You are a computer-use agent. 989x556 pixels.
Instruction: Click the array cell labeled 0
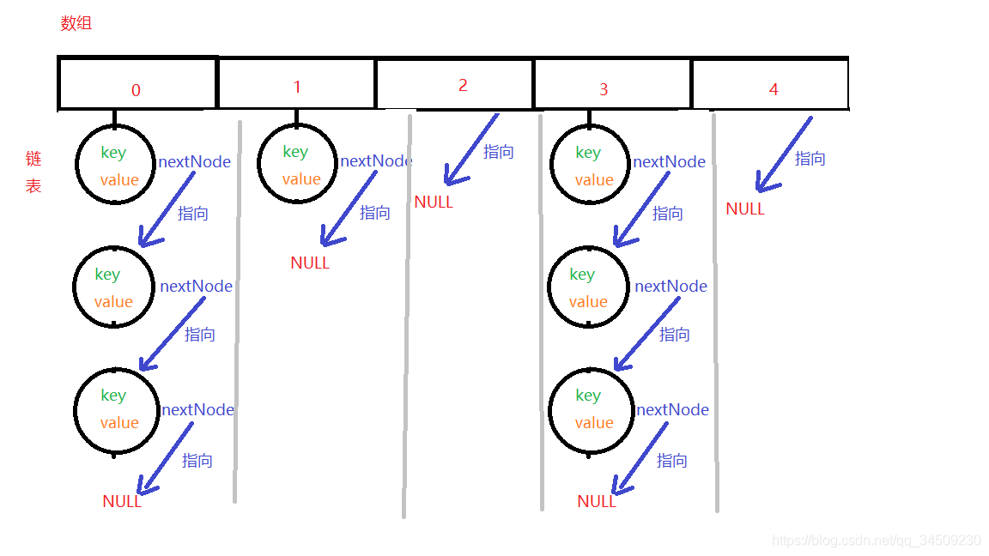(137, 83)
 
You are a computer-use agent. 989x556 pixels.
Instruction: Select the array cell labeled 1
(297, 83)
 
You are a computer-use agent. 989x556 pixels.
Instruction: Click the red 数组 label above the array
(76, 23)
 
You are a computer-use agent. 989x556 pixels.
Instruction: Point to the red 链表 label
(33, 172)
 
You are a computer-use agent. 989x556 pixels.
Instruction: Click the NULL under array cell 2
(434, 202)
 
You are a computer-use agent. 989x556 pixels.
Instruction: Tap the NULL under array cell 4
(745, 208)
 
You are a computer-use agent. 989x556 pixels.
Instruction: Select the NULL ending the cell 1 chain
(310, 263)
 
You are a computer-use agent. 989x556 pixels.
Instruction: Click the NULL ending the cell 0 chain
(122, 502)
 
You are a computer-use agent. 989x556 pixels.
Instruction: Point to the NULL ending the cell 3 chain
(597, 502)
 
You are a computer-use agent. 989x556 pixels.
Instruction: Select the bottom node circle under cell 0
(116, 409)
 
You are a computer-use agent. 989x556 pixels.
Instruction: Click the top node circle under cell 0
(116, 164)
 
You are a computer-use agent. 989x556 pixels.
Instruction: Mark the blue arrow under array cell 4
(782, 155)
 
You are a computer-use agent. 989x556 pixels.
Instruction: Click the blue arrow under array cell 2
(470, 150)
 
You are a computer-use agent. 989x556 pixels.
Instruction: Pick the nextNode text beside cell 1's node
(376, 161)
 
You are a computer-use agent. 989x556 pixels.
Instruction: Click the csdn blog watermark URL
(876, 541)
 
